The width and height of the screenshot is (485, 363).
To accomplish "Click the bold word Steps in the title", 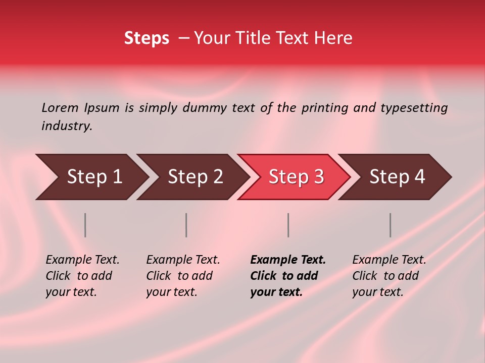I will [x=147, y=38].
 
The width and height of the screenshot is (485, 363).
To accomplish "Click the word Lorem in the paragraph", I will [x=60, y=107].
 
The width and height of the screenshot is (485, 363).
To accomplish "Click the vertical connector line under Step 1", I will [x=85, y=225].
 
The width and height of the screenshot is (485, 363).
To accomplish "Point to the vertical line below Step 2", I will [x=186, y=225].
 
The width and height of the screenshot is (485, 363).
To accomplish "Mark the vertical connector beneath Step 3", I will [x=288, y=225].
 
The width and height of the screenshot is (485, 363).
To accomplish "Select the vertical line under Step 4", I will [x=391, y=225].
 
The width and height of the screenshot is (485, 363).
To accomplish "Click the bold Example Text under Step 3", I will [x=288, y=260].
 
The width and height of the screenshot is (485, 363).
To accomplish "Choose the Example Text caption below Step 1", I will [x=82, y=260].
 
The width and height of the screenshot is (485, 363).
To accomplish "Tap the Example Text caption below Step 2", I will [x=183, y=260].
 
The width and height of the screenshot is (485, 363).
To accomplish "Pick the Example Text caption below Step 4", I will [x=389, y=260].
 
